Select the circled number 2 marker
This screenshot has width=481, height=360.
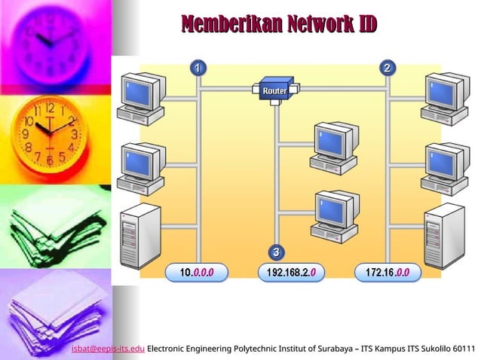pyautogui.click(x=388, y=69)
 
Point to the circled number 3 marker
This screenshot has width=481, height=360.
pyautogui.click(x=277, y=251)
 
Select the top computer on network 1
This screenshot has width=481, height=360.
pyautogui.click(x=140, y=97)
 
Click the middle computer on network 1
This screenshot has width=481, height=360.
pyautogui.click(x=140, y=167)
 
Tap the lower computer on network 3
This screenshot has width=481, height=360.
pyautogui.click(x=334, y=215)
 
